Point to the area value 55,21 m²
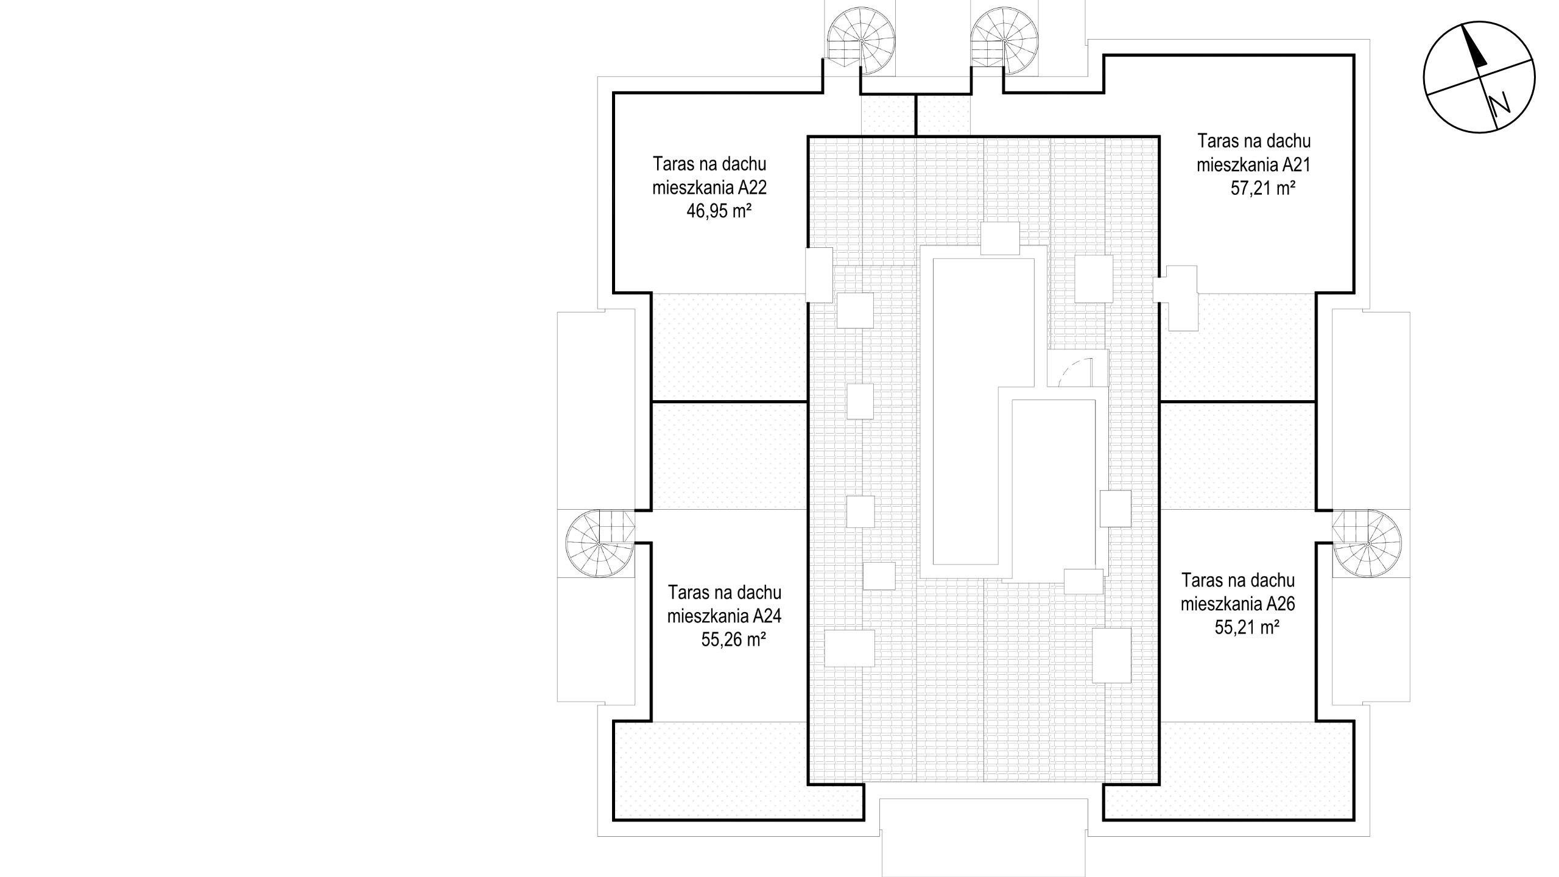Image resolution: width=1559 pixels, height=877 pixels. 1247,628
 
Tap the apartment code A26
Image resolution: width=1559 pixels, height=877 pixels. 1281,604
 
